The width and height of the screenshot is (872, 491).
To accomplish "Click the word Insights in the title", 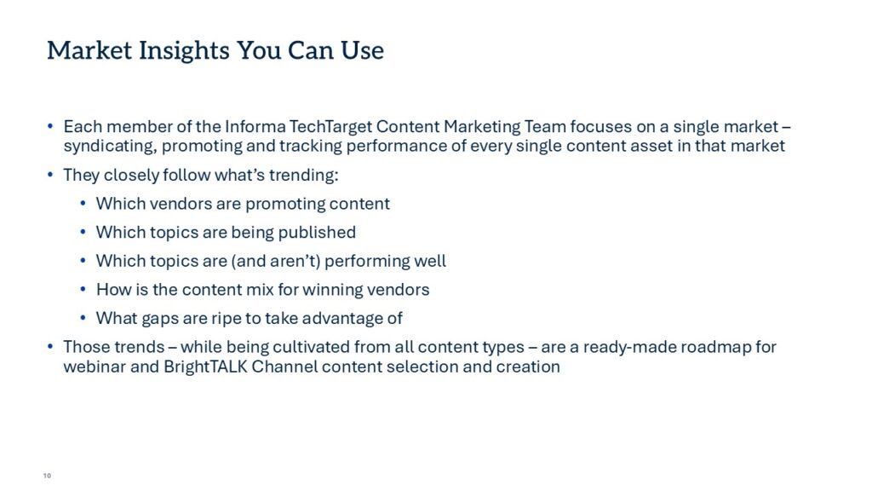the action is click(x=184, y=51).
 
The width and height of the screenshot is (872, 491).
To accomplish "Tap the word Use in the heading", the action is click(x=362, y=50).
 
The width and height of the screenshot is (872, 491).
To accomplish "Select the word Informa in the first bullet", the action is click(x=255, y=126).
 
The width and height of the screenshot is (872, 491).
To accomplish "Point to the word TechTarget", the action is click(x=330, y=128).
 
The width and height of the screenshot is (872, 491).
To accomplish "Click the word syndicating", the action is click(x=110, y=147).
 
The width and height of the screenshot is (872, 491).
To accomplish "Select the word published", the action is click(x=317, y=233).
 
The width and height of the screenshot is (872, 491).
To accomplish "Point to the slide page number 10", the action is click(x=47, y=476).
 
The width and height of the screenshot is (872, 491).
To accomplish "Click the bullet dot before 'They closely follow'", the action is click(x=50, y=175).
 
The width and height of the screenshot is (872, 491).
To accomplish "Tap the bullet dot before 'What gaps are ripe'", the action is click(x=83, y=318).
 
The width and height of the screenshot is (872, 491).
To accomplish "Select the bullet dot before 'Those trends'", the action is click(x=50, y=346).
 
